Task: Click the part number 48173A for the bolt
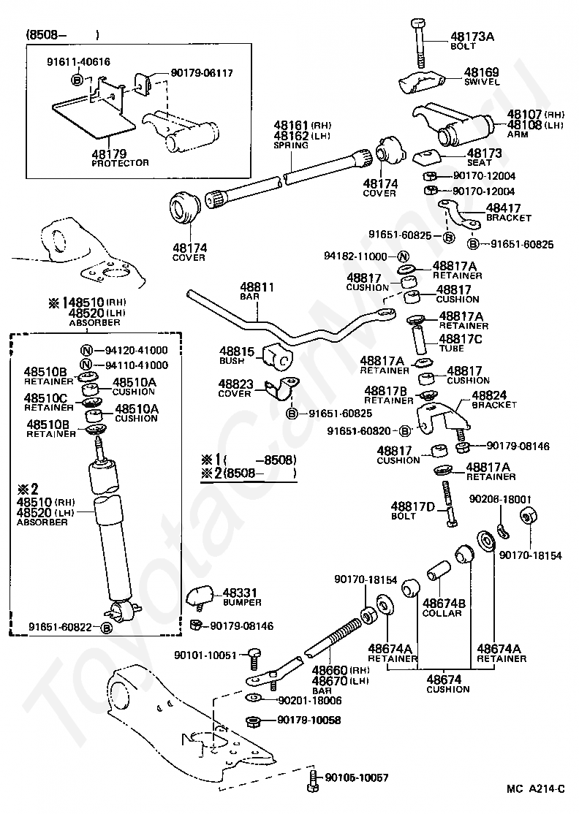472,37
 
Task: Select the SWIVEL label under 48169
481,82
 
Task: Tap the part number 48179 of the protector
109,153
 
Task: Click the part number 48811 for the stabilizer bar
257,287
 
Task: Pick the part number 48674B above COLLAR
444,604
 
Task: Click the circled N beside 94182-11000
403,256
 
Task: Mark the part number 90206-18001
500,499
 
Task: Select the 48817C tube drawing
419,338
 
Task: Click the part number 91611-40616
78,62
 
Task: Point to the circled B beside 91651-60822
105,628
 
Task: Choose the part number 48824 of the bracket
489,395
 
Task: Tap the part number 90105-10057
356,777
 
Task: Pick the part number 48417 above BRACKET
503,208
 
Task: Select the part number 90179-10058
309,720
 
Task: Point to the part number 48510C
46,398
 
